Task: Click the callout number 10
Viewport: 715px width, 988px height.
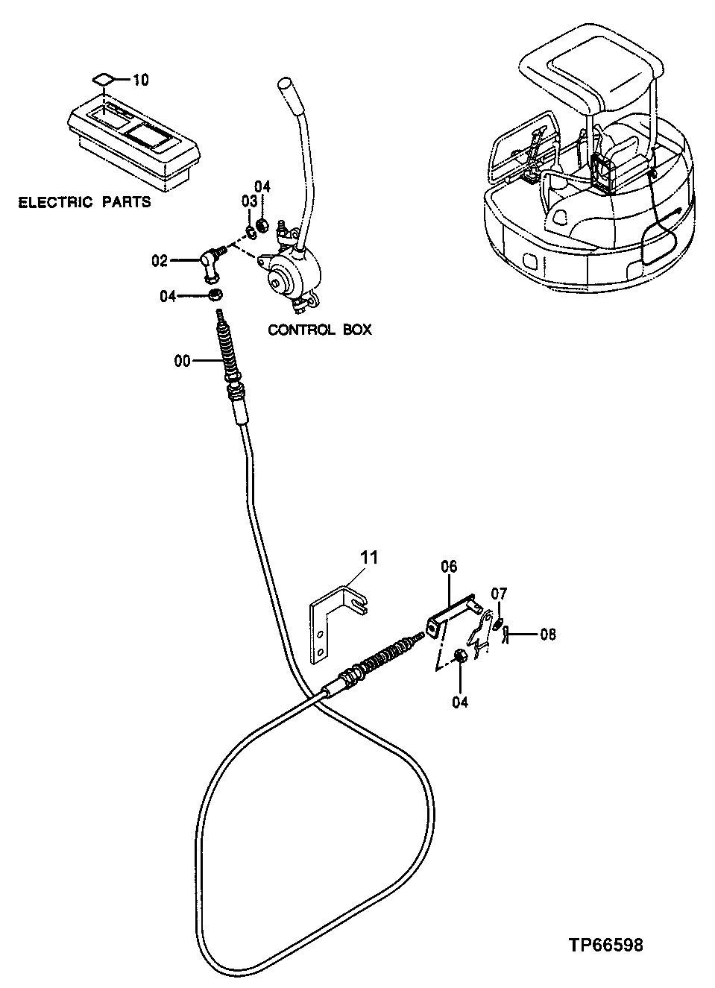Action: tap(140, 78)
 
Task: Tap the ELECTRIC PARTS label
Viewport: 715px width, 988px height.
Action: tap(84, 201)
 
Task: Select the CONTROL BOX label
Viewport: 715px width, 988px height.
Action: tap(319, 329)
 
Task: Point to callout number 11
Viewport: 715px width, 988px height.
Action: tap(370, 557)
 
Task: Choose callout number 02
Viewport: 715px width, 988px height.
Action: tap(160, 260)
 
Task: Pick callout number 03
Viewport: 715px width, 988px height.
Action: tap(248, 202)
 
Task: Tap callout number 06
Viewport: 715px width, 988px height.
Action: tap(449, 567)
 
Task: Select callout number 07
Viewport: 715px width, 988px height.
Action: tap(499, 594)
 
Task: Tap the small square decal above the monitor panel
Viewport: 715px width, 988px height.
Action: tap(104, 78)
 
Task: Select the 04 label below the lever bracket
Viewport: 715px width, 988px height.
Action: tap(460, 702)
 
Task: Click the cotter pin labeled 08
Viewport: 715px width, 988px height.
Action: tap(505, 635)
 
